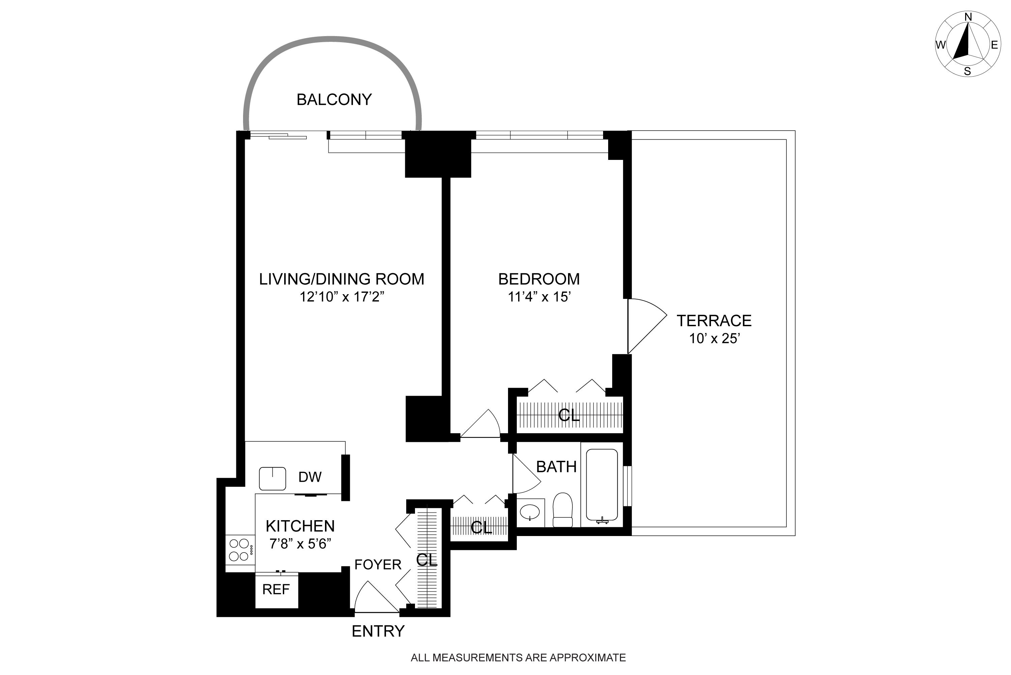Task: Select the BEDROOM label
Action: point(539,279)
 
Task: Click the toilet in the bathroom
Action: point(562,510)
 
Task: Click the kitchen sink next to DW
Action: point(272,479)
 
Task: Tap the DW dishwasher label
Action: point(310,477)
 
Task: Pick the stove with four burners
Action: point(240,550)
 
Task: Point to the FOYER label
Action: point(378,564)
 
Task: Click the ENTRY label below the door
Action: point(378,631)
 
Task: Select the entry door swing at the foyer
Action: point(377,597)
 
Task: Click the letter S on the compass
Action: point(968,72)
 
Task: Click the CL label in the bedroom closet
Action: point(569,415)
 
